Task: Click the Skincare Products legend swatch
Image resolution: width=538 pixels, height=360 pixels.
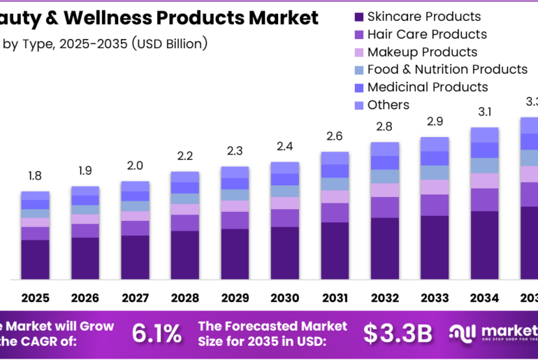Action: tap(358, 16)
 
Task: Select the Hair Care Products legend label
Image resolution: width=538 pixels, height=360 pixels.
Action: tap(427, 34)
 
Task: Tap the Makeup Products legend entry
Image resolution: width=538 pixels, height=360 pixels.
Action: tap(422, 52)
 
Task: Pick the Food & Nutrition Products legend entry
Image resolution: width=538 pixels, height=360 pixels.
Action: tap(447, 69)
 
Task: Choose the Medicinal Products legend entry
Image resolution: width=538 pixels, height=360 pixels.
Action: tap(428, 87)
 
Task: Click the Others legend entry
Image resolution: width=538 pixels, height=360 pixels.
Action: tap(388, 105)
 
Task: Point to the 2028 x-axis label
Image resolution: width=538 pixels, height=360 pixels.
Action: tap(184, 298)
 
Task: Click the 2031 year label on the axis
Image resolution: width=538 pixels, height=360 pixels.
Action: tap(335, 298)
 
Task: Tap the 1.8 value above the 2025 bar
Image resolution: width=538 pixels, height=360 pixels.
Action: tap(34, 175)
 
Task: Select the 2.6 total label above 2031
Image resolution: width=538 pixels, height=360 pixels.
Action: tap(335, 136)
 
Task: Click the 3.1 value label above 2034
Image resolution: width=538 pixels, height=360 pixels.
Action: tap(484, 111)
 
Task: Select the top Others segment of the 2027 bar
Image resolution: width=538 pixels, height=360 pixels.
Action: tap(135, 186)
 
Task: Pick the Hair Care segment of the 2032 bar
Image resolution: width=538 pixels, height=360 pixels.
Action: tap(384, 207)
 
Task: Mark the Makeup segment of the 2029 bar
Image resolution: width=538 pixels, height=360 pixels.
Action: tap(235, 206)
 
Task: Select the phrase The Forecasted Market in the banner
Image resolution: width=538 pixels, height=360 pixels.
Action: tap(272, 326)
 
